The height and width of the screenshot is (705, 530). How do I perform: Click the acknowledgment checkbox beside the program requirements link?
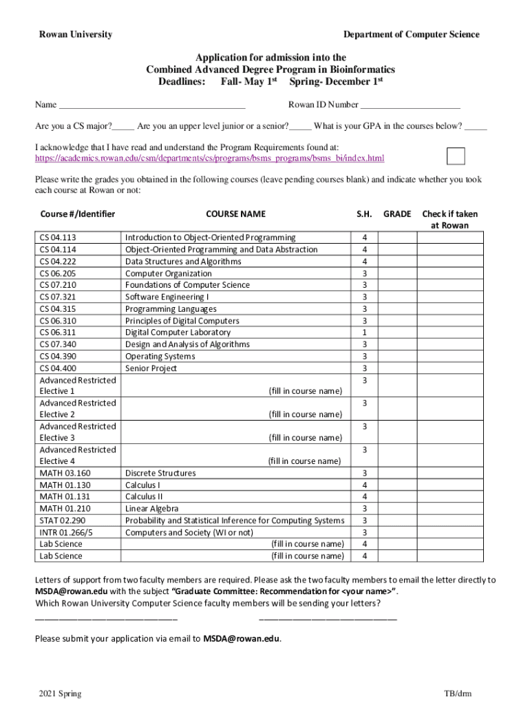tap(456, 156)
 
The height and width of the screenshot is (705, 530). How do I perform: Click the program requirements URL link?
tap(210, 159)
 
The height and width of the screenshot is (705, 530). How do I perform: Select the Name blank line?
tap(152, 105)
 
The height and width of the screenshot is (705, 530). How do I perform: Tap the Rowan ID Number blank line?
tap(410, 105)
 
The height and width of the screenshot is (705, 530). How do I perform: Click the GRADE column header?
tap(397, 214)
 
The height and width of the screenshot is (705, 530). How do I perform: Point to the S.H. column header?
tap(364, 214)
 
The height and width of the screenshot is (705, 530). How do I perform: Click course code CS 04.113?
tap(58, 238)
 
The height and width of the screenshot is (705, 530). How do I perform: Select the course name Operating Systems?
tap(160, 357)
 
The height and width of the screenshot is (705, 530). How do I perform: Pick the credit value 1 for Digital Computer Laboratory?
tap(364, 333)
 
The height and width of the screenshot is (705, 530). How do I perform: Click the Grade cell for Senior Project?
tap(397, 368)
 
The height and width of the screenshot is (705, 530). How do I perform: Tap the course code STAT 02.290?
tap(63, 520)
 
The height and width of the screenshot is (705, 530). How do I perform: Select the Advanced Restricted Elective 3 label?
tap(78, 432)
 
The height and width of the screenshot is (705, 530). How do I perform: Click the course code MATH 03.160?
tap(65, 474)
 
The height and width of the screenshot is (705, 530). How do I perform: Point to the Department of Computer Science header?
tap(411, 34)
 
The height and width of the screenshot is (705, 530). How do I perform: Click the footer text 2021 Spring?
tap(61, 693)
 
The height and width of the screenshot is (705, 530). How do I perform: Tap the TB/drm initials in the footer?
tap(458, 693)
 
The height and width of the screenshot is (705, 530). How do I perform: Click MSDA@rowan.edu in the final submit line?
tap(241, 638)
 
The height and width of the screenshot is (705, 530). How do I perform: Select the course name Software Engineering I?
tap(167, 297)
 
